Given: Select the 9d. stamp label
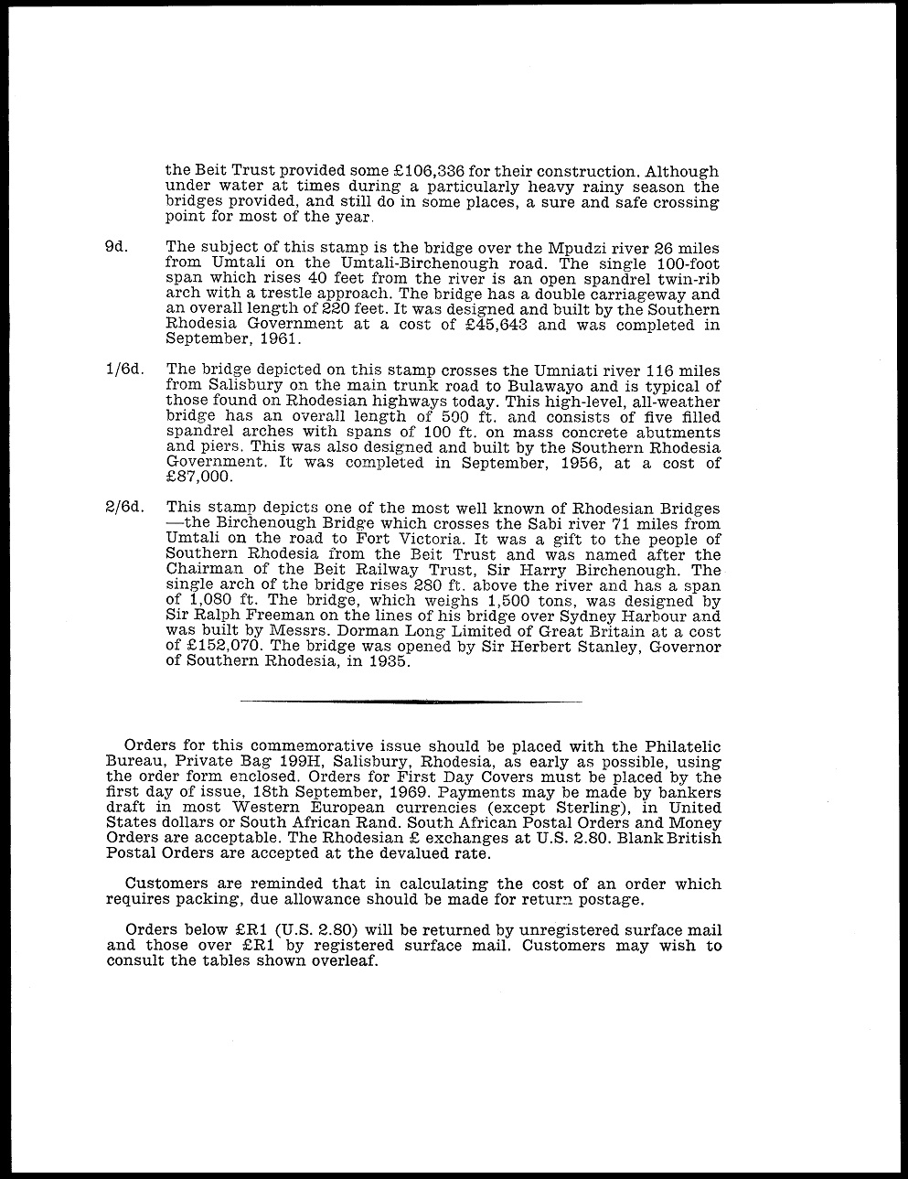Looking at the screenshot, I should tap(116, 247).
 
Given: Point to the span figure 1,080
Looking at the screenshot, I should tap(209, 601).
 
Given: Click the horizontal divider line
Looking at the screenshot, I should tap(410, 702).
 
